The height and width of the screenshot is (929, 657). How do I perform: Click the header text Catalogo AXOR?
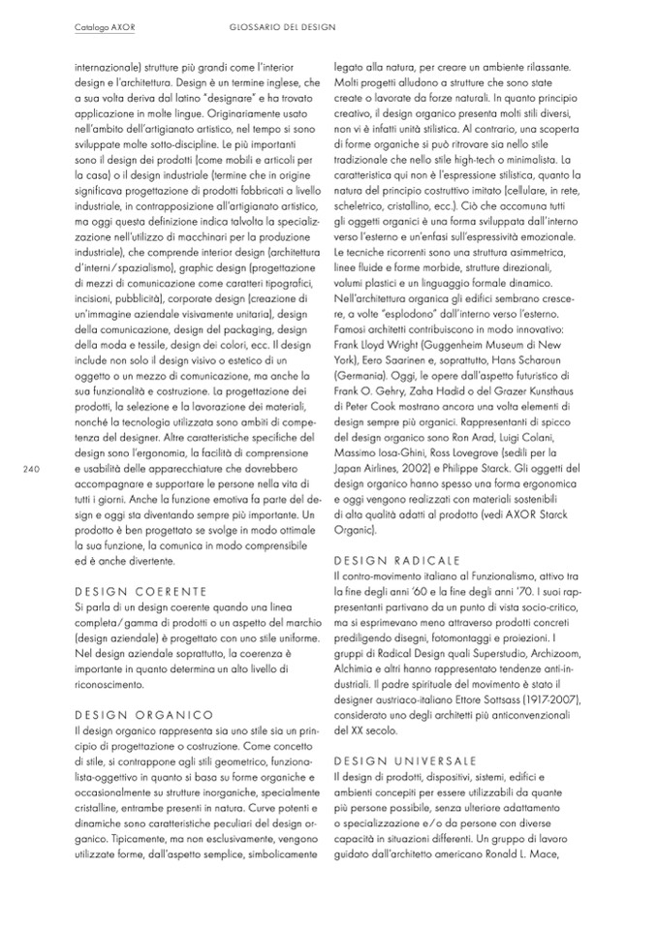(105, 27)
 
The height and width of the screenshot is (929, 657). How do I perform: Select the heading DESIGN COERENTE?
(141, 590)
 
